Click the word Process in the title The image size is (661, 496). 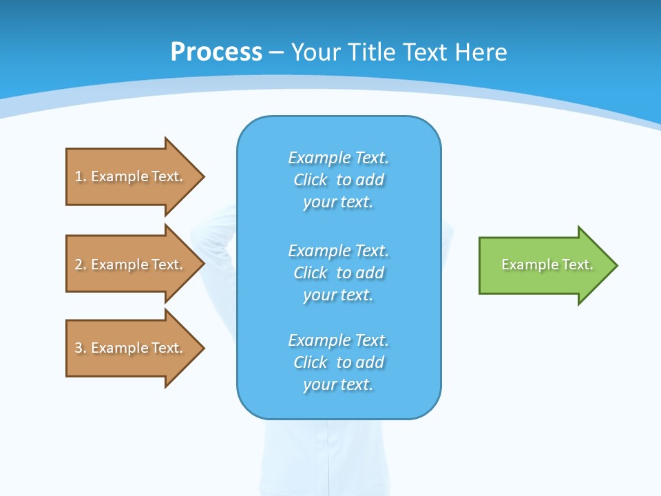coord(216,52)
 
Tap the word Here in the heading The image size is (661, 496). coord(481,52)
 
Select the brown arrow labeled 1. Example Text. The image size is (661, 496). coord(131,176)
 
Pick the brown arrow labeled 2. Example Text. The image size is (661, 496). coord(131,265)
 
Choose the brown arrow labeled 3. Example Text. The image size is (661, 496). coord(131,348)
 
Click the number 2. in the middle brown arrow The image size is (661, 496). coord(80,265)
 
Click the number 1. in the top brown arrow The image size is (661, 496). coord(80,176)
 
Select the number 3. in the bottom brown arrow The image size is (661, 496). coord(80,348)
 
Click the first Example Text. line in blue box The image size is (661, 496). coord(338,158)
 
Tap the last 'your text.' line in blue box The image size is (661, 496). coord(338,384)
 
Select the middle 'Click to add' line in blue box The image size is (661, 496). coord(338,273)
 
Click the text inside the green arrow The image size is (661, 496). coord(547,265)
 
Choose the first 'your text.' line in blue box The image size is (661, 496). coord(338,202)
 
